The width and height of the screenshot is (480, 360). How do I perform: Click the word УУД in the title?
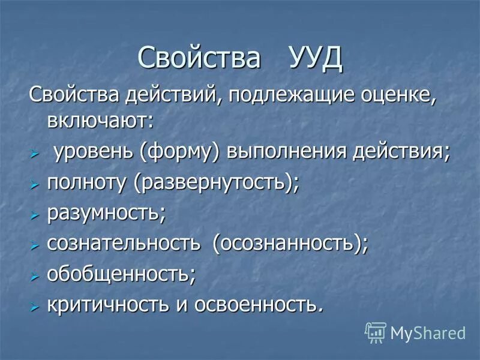pos(315,58)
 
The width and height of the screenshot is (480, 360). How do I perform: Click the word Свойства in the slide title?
pos(199,58)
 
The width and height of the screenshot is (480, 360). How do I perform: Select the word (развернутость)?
pos(217,183)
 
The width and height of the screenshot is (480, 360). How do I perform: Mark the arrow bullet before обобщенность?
pos(35,275)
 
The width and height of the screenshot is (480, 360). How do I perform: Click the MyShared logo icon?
pos(375,332)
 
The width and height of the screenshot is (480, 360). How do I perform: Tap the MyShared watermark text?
pos(428,332)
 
